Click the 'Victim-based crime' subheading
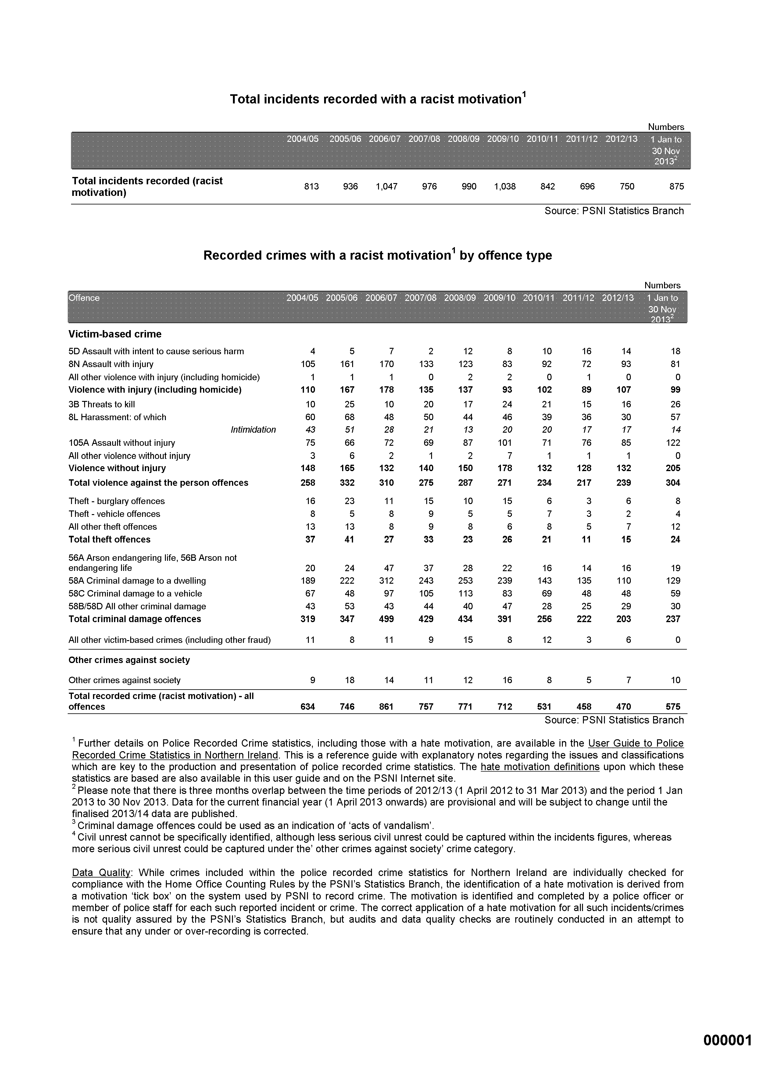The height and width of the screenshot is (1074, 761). click(115, 334)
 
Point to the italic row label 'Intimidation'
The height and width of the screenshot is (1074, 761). click(253, 430)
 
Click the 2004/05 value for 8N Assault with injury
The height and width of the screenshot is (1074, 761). click(308, 364)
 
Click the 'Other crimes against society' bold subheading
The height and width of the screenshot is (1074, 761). click(129, 660)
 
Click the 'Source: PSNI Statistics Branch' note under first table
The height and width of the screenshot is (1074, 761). click(614, 211)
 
